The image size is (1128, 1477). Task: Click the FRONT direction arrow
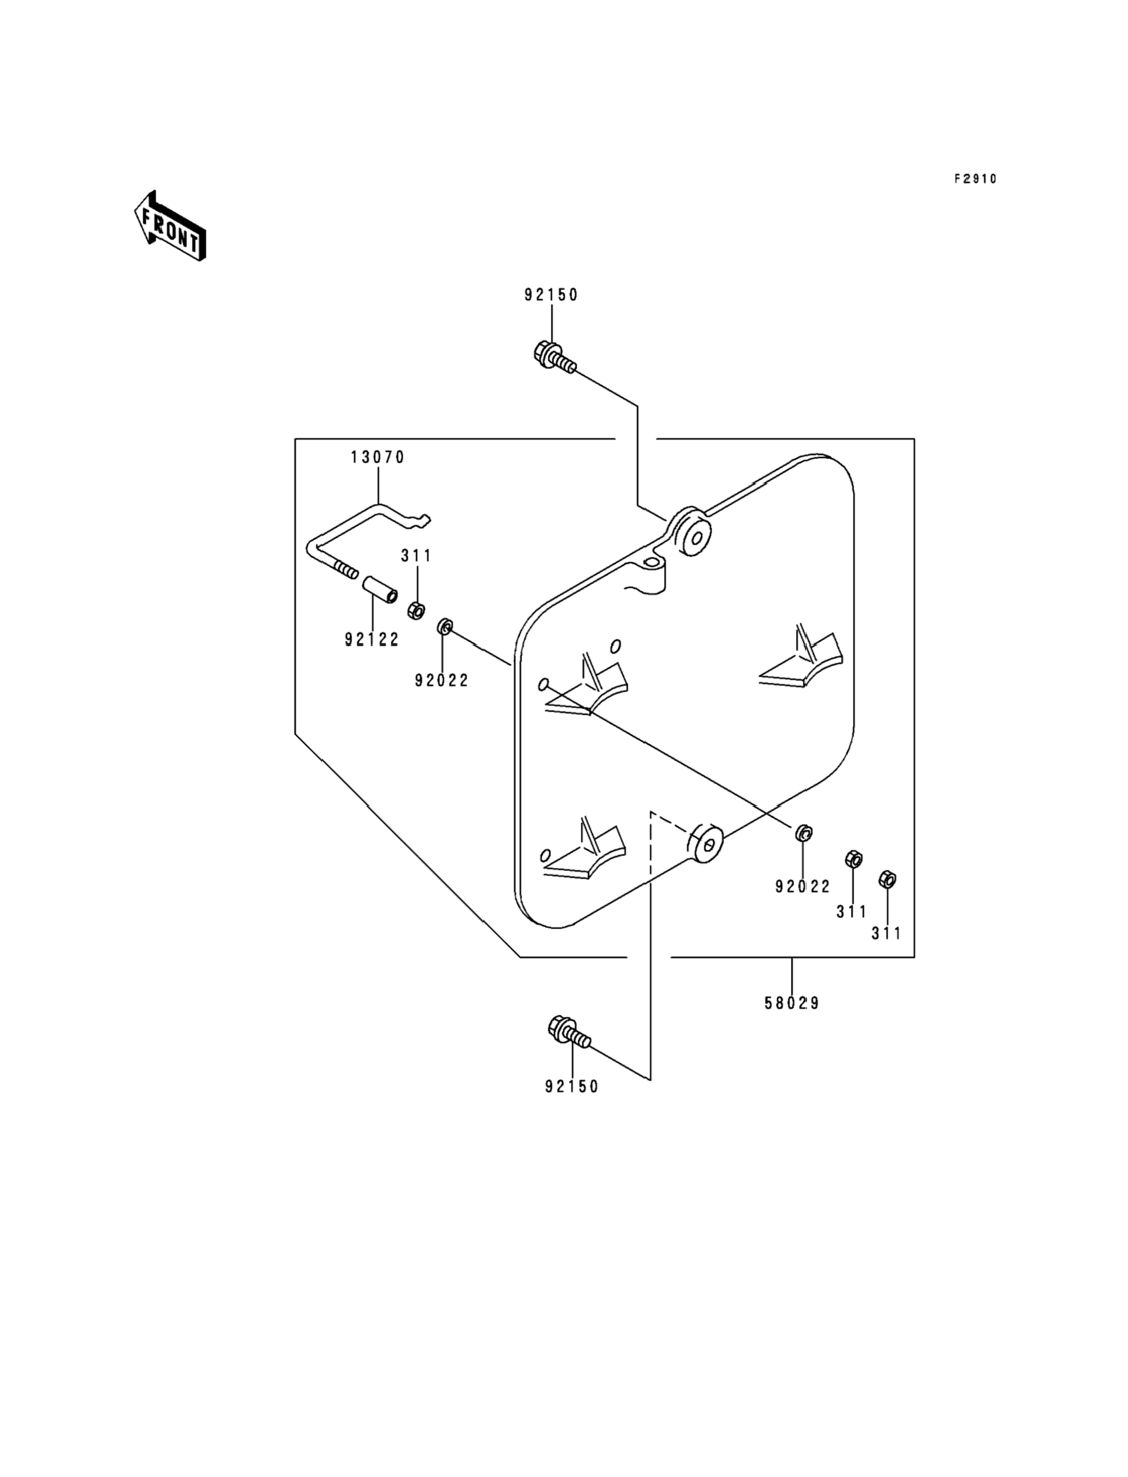(170, 226)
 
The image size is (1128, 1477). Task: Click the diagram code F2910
(975, 179)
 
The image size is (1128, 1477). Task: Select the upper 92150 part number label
(551, 295)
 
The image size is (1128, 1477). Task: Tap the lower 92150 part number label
(572, 1086)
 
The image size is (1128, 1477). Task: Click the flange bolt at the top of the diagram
(555, 357)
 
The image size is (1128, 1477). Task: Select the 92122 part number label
(372, 640)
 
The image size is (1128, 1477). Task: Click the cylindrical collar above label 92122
(381, 589)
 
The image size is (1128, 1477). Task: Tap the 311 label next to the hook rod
(416, 556)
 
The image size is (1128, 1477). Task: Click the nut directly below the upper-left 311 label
(416, 610)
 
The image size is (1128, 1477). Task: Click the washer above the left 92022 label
(445, 627)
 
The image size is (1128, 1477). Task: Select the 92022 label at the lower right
(803, 886)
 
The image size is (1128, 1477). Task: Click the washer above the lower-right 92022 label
(803, 834)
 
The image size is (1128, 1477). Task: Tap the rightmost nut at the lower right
(887, 879)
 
